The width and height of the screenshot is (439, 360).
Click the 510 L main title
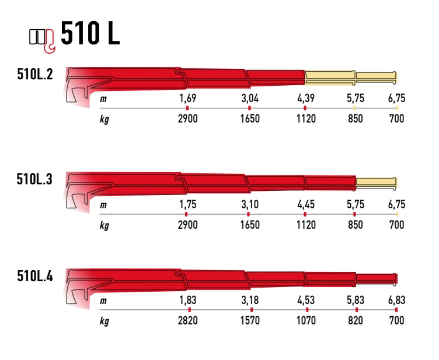tap(90, 33)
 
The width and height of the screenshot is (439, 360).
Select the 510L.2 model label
tap(35, 74)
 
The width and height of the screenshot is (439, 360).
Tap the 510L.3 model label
tap(34, 179)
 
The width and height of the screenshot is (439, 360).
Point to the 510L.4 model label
tap(35, 276)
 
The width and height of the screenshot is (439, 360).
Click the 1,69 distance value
tap(188, 98)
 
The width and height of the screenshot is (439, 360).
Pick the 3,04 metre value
tap(250, 98)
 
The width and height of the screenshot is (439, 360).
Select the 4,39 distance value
tap(306, 98)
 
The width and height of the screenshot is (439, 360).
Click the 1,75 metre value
tap(188, 204)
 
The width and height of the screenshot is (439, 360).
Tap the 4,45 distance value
tap(306, 204)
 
